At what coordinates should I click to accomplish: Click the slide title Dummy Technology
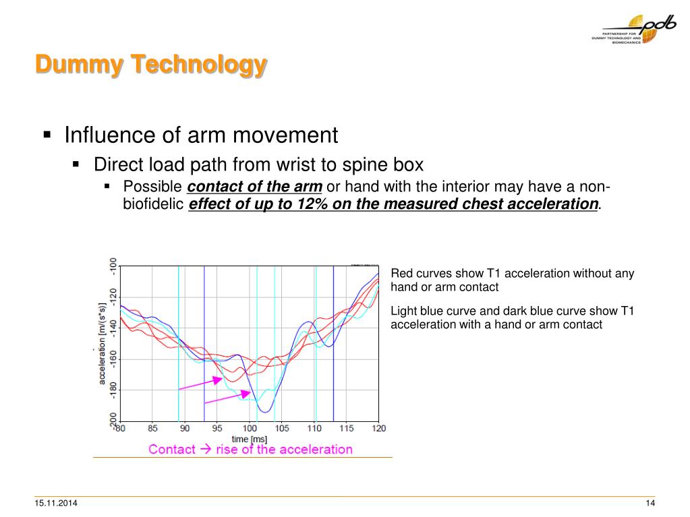(151, 65)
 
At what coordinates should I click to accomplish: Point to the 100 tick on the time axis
(250, 429)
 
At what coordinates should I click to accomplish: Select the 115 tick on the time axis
(347, 429)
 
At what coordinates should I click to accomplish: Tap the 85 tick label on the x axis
(152, 429)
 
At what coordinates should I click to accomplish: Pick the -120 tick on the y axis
(113, 296)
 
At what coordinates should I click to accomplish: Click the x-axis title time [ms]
(250, 439)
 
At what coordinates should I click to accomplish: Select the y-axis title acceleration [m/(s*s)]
(103, 343)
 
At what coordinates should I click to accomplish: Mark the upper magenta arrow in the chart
(200, 384)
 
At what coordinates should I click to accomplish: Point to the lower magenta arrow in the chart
(227, 398)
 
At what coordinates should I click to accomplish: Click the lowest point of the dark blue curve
(265, 411)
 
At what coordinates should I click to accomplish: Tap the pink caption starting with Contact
(250, 450)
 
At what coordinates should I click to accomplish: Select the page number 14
(650, 505)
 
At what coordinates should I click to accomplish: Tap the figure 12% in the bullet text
(309, 204)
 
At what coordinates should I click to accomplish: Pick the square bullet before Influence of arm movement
(47, 135)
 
